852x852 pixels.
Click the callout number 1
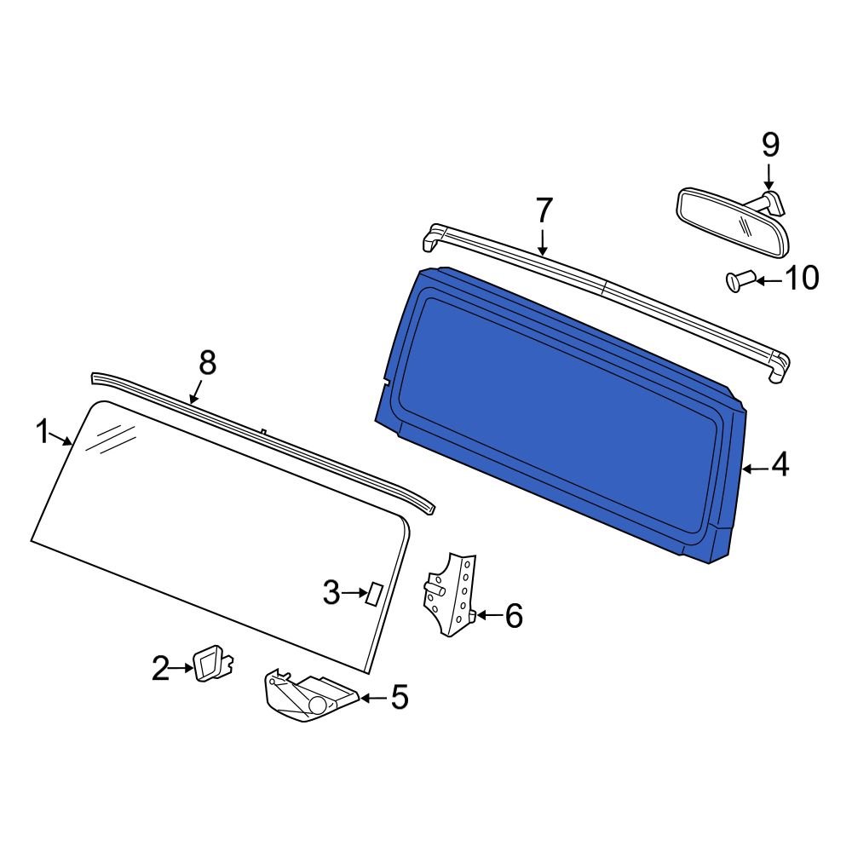point(43,433)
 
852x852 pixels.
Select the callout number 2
point(160,669)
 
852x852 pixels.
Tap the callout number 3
point(331,592)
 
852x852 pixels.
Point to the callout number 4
point(780,466)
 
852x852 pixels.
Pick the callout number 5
point(399,698)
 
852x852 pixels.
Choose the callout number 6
point(513,615)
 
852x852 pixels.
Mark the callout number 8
point(207,364)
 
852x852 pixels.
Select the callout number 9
point(769,145)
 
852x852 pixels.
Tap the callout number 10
point(800,279)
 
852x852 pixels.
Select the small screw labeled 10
point(737,279)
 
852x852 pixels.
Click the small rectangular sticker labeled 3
point(373,593)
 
